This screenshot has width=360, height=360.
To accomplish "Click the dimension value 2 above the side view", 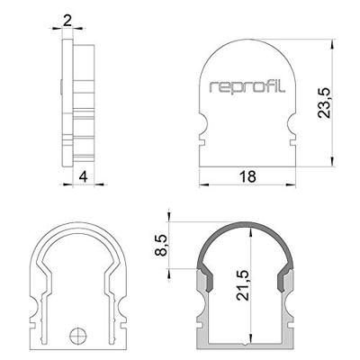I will point(69,18).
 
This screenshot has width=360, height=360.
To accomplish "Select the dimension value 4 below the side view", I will point(82,176).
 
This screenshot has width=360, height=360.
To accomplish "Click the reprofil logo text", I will point(247,88).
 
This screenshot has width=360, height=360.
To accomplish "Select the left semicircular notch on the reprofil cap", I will point(202,127).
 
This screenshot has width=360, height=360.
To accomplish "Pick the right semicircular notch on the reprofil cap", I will point(293,127).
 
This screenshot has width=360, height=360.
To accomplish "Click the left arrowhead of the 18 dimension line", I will point(201,184).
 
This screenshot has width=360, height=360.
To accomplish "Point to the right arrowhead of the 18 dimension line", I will point(296,184).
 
